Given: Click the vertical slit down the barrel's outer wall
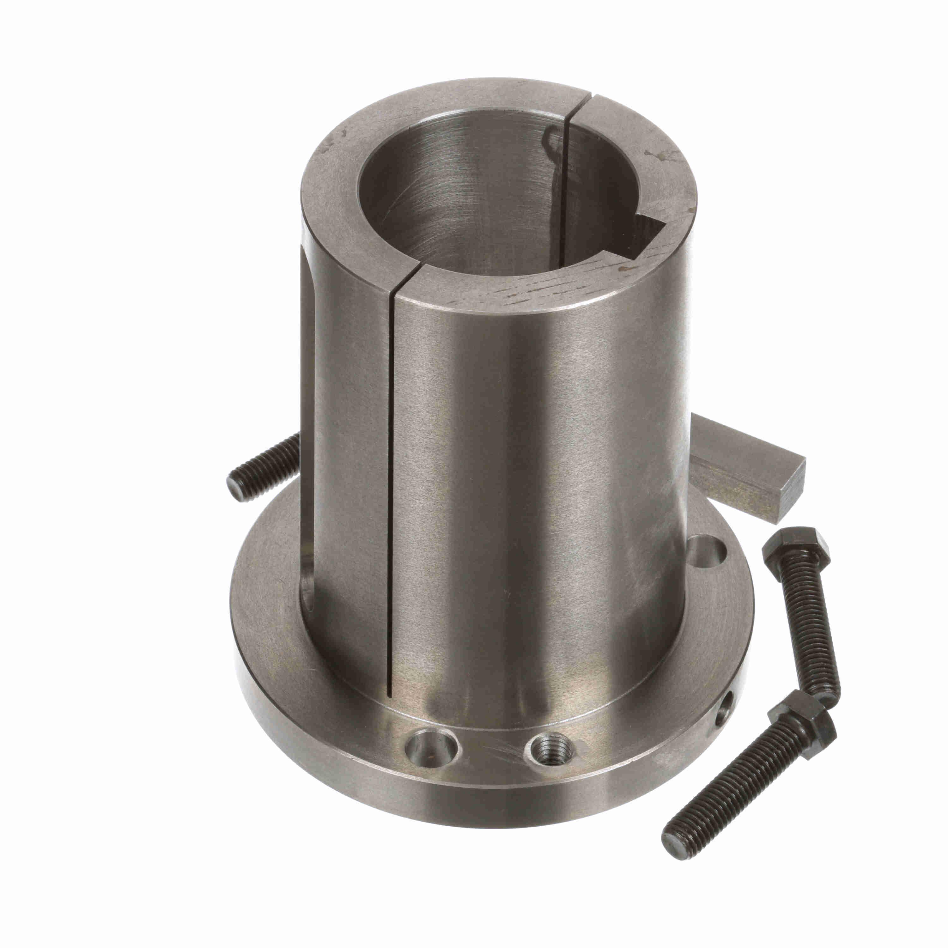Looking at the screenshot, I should (x=391, y=491).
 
